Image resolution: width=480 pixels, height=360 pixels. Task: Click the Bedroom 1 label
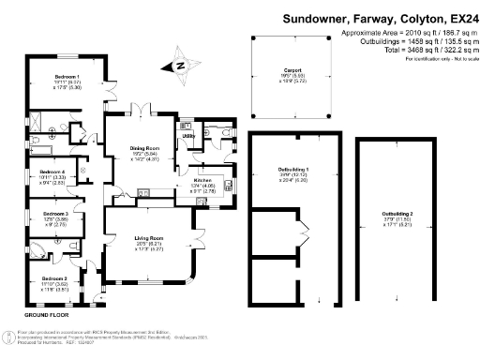coord(65,76)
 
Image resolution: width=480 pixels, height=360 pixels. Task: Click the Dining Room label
coord(146,147)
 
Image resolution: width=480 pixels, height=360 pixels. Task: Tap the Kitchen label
coord(203,180)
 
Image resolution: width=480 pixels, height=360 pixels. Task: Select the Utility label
coord(188,137)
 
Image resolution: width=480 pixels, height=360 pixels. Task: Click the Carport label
coord(292,69)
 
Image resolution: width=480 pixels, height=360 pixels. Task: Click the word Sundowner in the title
coord(315,18)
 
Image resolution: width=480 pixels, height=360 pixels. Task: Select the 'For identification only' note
coord(437,58)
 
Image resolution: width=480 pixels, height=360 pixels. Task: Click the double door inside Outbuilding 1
coord(301,232)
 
